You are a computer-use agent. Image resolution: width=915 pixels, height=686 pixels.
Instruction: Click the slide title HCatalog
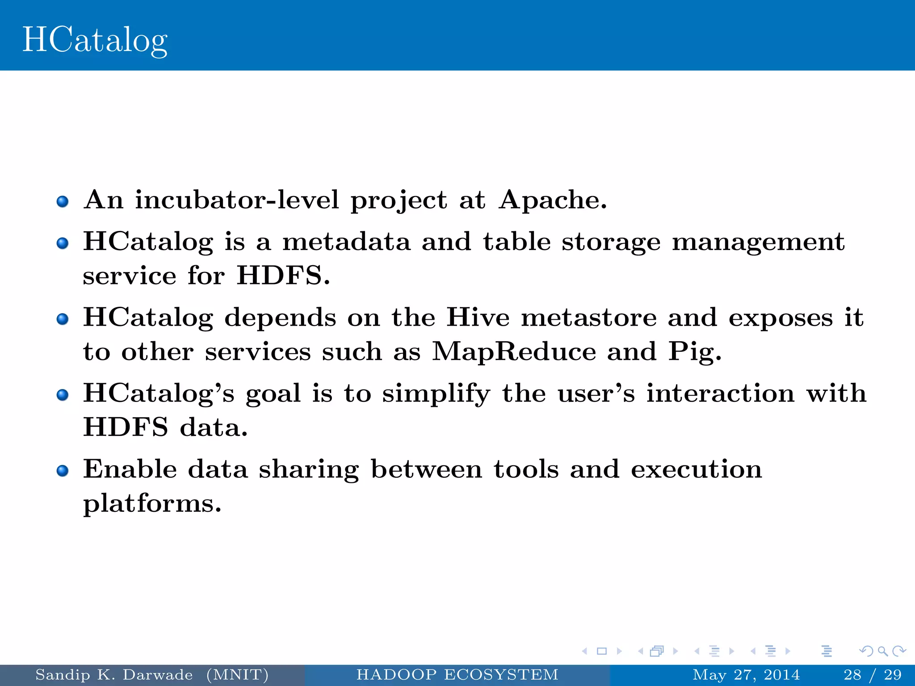pos(95,40)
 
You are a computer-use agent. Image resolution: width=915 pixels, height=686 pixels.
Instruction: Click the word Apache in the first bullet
pos(553,200)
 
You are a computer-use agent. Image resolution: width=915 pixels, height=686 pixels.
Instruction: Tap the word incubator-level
pos(237,200)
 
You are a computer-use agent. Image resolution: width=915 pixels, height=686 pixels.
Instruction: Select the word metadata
pos(346,242)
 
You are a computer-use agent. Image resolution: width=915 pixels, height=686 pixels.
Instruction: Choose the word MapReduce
pos(514,352)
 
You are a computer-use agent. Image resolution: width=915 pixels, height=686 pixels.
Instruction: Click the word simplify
pos(436,394)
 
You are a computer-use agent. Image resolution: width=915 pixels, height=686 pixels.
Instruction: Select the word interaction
pos(720,393)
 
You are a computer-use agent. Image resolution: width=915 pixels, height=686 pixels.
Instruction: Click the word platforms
pos(152,504)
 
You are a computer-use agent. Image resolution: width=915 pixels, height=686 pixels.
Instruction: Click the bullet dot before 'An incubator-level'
pos(63,201)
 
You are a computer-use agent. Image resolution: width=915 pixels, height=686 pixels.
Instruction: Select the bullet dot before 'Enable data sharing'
pos(63,471)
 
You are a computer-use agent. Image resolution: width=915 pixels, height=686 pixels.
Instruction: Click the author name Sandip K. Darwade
pos(114,675)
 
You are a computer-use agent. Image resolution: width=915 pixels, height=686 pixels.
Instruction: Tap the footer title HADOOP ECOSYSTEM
pos(457,675)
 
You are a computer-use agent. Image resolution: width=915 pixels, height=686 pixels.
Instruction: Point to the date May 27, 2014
pos(746,675)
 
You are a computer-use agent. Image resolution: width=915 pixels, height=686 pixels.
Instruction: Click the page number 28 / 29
pos(872,675)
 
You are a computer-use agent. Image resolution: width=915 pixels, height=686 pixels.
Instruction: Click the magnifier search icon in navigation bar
pos(882,651)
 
